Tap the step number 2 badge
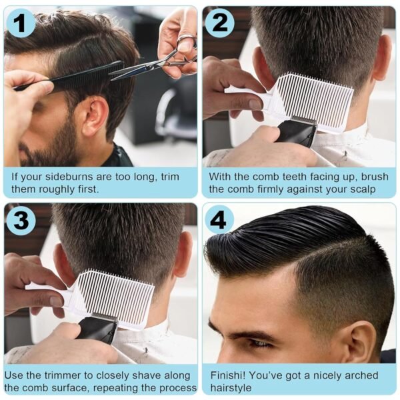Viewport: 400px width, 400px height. [x=219, y=23]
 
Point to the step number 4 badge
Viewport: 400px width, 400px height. [x=219, y=220]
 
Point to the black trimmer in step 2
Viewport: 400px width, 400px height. [x=297, y=131]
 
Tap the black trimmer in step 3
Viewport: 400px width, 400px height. [x=98, y=328]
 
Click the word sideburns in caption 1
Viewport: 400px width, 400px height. [x=66, y=177]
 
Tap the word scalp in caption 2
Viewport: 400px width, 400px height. [x=361, y=190]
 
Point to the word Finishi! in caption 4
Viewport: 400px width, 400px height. [x=228, y=375]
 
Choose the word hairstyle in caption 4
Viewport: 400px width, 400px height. [x=231, y=388]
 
